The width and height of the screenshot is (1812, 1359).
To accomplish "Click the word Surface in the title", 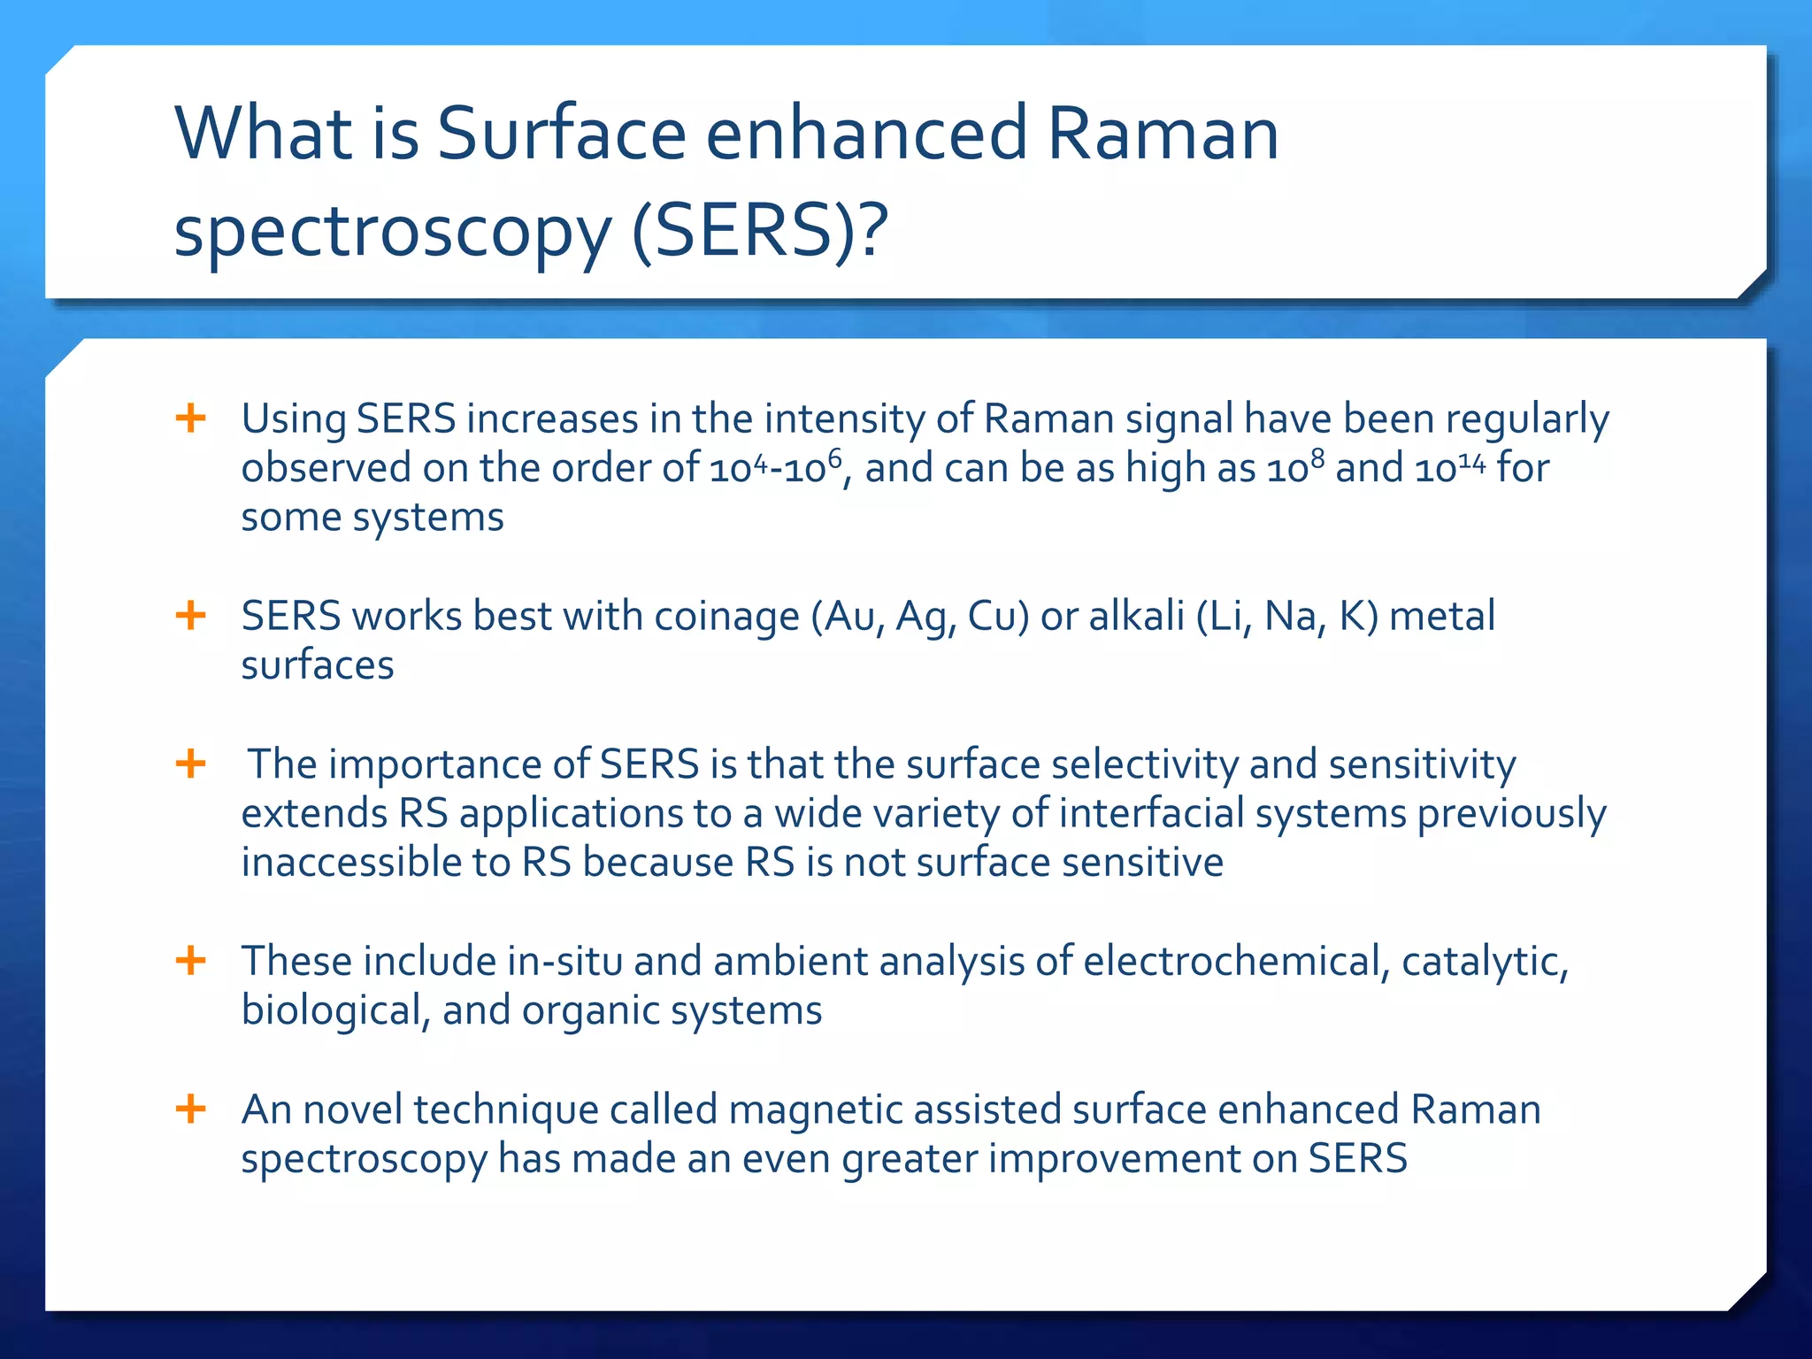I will (562, 134).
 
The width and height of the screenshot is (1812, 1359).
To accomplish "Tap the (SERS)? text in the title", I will (760, 231).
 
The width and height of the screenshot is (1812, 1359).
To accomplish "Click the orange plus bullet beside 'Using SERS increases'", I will (191, 418).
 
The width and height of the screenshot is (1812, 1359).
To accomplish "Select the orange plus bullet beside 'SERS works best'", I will (191, 615).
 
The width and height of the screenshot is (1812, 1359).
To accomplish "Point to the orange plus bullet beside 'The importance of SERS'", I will (191, 763).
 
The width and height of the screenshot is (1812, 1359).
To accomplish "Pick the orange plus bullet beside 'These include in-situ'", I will (191, 960).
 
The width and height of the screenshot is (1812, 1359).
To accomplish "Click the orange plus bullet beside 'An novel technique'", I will (191, 1108).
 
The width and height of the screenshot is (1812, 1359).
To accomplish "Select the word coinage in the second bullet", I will (726, 617).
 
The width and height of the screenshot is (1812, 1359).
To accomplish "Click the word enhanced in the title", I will (866, 134).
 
